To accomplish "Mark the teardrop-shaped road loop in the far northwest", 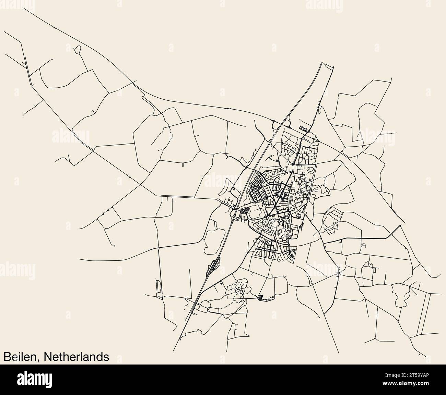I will (78, 50).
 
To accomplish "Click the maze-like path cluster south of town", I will (237, 289).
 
